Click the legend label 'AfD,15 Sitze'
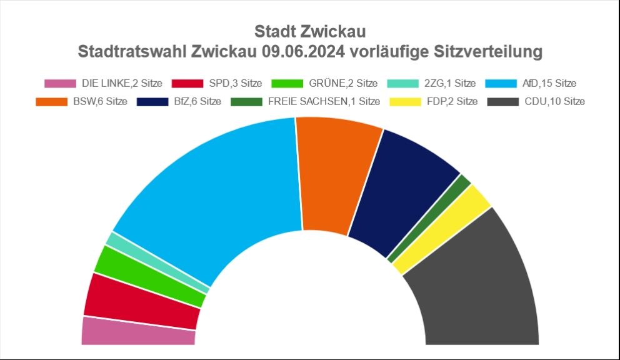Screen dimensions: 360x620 click(x=549, y=83)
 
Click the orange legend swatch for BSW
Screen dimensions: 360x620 click(x=52, y=101)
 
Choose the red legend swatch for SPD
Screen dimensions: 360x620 click(x=187, y=83)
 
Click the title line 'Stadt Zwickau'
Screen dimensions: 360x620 click(x=310, y=31)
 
